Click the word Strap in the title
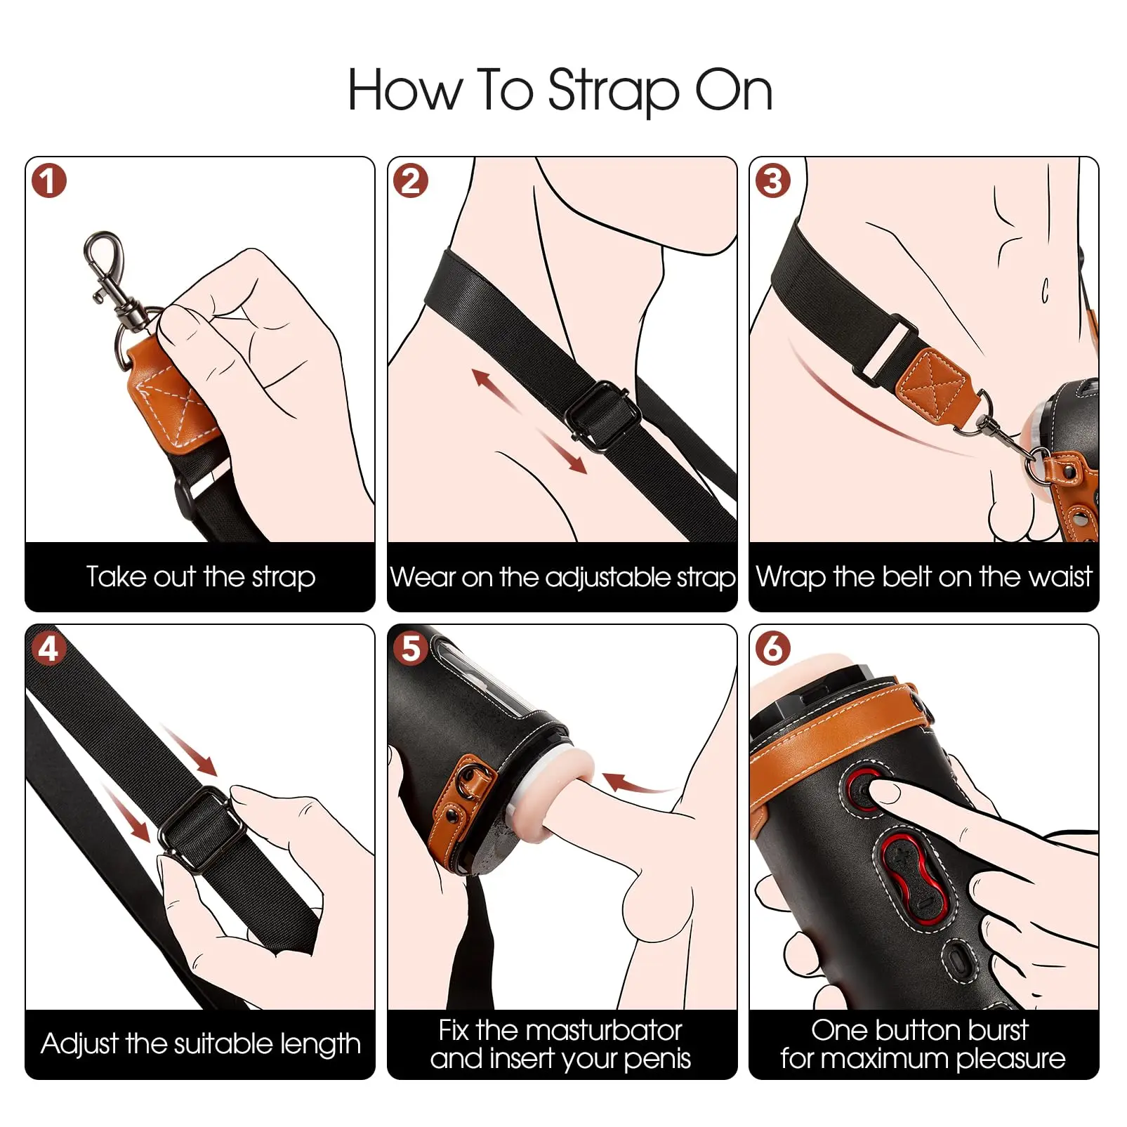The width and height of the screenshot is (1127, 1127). (614, 91)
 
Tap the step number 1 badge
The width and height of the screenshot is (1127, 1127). (48, 181)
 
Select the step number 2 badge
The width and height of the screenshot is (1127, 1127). (411, 181)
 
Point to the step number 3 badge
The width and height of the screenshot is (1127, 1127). (773, 181)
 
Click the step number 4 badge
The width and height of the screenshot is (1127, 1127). (48, 648)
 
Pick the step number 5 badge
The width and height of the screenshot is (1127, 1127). (411, 648)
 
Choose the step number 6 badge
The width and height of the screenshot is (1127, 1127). (773, 648)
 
